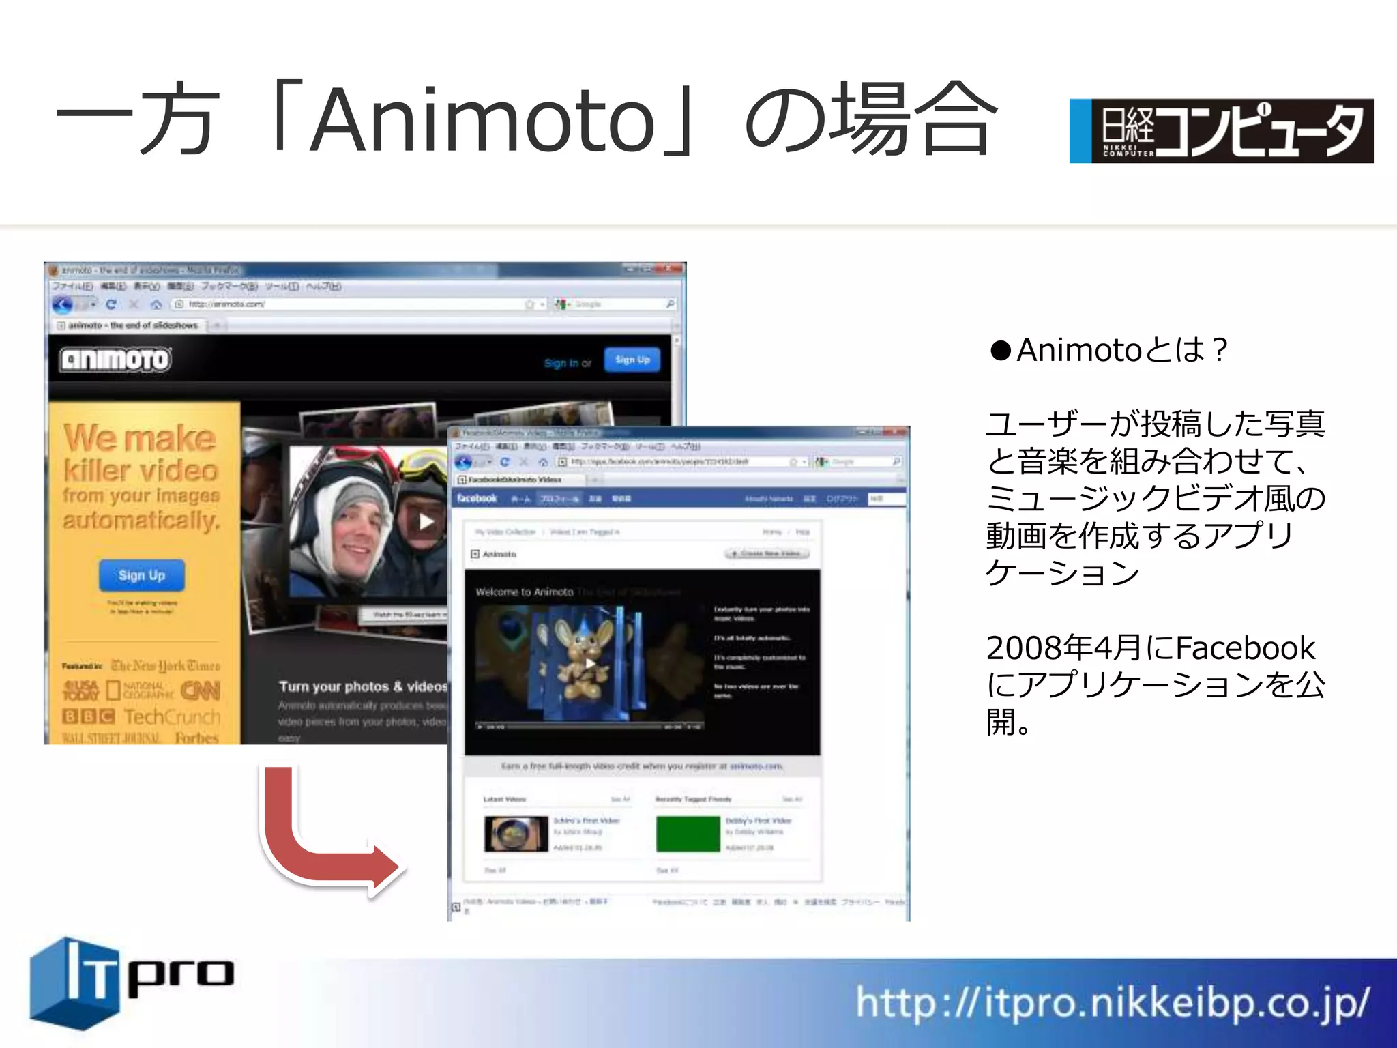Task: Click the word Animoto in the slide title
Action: point(482,120)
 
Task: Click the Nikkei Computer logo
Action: point(1221,131)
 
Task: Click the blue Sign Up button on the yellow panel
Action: point(141,575)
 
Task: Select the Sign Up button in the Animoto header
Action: point(632,360)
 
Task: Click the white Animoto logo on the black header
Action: point(115,359)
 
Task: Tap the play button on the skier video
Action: point(426,522)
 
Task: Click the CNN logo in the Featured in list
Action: point(201,690)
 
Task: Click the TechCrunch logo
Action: point(172,716)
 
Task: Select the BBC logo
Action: point(88,716)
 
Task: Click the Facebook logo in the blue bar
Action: point(477,498)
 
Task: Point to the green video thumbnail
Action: point(688,833)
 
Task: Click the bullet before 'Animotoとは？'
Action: point(1000,351)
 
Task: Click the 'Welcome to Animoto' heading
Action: point(524,592)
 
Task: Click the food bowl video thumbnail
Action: point(516,833)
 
